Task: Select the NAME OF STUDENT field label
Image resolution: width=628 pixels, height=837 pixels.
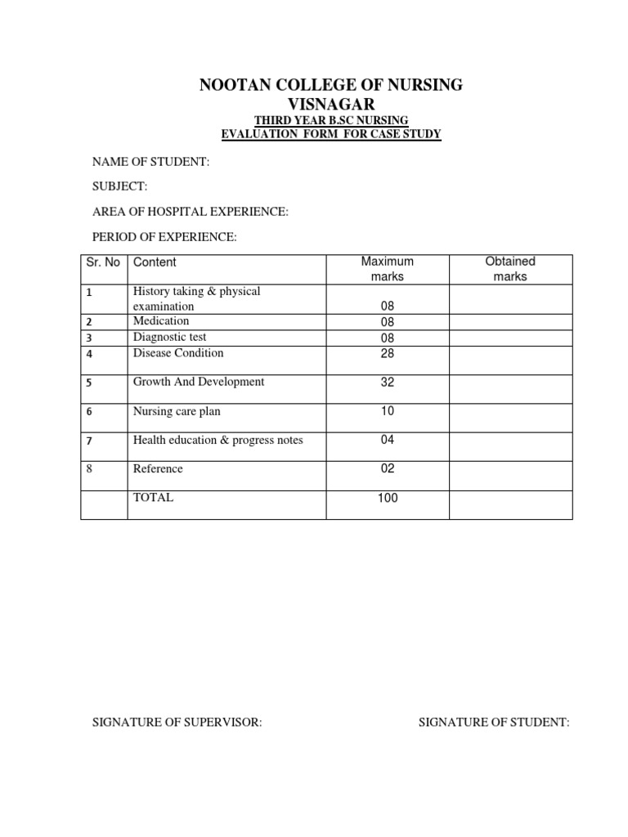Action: click(x=150, y=163)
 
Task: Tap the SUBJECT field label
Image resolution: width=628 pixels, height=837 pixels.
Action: click(x=119, y=187)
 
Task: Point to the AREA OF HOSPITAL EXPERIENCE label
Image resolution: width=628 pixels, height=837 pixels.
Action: click(x=190, y=213)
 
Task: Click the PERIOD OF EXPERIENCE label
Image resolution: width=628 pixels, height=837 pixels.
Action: click(x=164, y=237)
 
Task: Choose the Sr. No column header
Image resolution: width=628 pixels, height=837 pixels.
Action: click(x=103, y=262)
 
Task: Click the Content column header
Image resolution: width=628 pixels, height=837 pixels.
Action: click(x=155, y=262)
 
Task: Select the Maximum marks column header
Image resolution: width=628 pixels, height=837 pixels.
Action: click(x=388, y=269)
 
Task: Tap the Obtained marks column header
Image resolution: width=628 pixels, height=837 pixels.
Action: click(x=510, y=269)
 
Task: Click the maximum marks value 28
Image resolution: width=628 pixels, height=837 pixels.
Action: click(x=388, y=352)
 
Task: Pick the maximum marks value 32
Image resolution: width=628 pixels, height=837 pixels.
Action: click(x=388, y=381)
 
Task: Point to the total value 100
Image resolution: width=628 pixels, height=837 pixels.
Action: click(x=388, y=497)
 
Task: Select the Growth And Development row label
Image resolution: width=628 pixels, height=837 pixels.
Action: click(x=199, y=382)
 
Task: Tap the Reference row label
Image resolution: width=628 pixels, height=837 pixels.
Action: click(x=158, y=469)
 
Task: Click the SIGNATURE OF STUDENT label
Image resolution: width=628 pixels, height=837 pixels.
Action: click(x=494, y=722)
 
